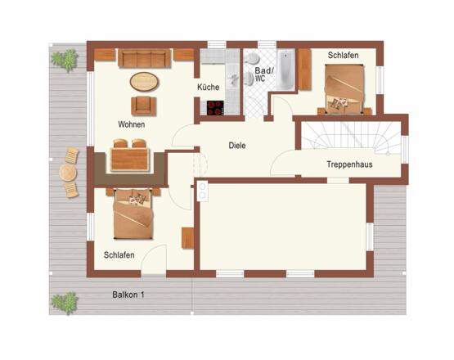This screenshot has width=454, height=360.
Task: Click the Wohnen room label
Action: pos(132,124)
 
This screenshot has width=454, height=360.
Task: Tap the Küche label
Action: pos(208,87)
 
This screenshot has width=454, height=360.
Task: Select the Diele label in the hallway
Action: pos(237,146)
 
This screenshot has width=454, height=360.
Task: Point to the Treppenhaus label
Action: pos(349,164)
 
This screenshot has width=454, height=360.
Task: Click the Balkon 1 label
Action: pos(128,295)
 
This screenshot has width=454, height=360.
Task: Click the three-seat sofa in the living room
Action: pos(144,58)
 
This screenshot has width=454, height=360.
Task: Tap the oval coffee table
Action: pos(144,81)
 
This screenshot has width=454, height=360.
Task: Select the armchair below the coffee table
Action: pos(143,106)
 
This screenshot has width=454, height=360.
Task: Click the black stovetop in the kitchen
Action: pos(215,108)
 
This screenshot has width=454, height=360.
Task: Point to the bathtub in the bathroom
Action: pos(285,70)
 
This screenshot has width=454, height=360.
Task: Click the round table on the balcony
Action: pos(68,173)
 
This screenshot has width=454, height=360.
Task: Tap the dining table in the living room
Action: pos(130,159)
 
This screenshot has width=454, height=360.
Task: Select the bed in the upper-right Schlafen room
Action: pos(344,88)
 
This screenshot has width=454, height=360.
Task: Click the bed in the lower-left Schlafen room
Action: pos(133,214)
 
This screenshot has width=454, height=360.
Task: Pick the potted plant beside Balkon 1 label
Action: pos(65,303)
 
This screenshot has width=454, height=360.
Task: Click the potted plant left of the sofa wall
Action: pos(65,61)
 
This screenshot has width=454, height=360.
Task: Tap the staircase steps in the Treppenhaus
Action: pos(350,136)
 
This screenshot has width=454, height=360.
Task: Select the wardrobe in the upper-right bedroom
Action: pos(304,69)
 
